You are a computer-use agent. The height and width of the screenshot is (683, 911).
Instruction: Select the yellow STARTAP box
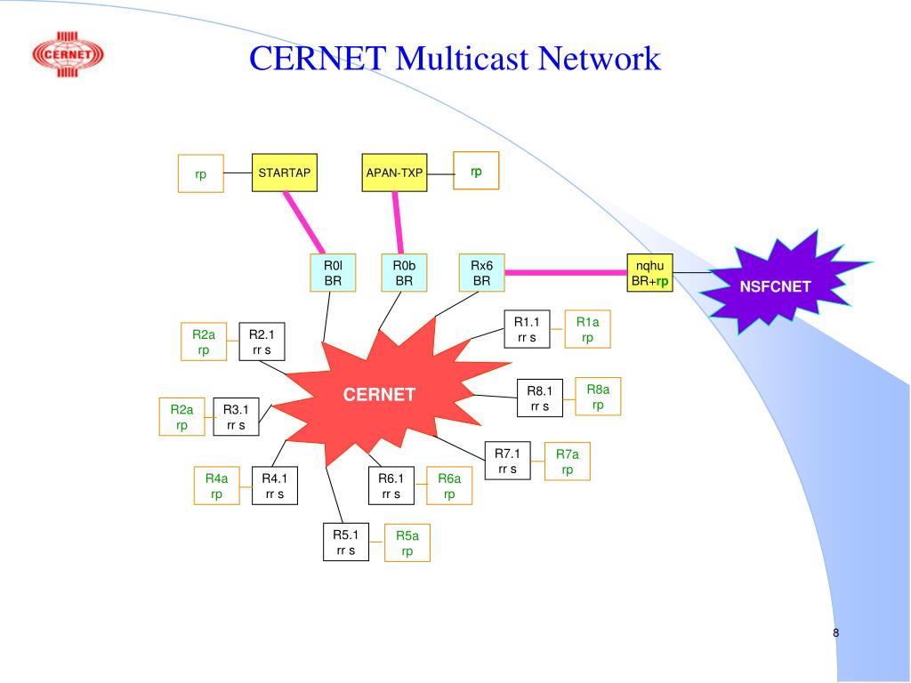284,173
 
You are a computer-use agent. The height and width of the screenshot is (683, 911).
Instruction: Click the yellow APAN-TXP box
394,173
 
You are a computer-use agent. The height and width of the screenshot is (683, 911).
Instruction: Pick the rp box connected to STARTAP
201,173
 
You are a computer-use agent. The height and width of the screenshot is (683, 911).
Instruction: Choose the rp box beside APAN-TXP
476,171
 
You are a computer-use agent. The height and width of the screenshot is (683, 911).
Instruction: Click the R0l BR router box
333,273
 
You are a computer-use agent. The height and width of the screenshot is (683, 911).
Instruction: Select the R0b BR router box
404,273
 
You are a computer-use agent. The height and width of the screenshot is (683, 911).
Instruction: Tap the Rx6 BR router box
481,273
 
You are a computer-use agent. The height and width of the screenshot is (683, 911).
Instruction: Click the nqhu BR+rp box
650,272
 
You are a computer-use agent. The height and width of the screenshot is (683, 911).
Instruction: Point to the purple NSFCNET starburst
787,285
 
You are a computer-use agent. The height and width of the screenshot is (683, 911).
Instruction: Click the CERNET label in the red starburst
380,394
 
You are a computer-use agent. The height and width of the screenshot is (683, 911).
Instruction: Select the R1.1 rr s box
527,329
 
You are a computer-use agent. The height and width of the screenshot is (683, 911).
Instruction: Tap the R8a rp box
598,397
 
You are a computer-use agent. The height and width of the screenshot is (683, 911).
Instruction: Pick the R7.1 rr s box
507,462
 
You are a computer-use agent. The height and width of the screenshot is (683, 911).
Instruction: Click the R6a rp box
449,486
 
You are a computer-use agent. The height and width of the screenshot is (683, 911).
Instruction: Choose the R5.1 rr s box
345,542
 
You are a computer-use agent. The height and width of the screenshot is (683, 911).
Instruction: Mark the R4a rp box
216,486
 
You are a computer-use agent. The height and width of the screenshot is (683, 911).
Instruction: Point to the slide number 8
836,633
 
